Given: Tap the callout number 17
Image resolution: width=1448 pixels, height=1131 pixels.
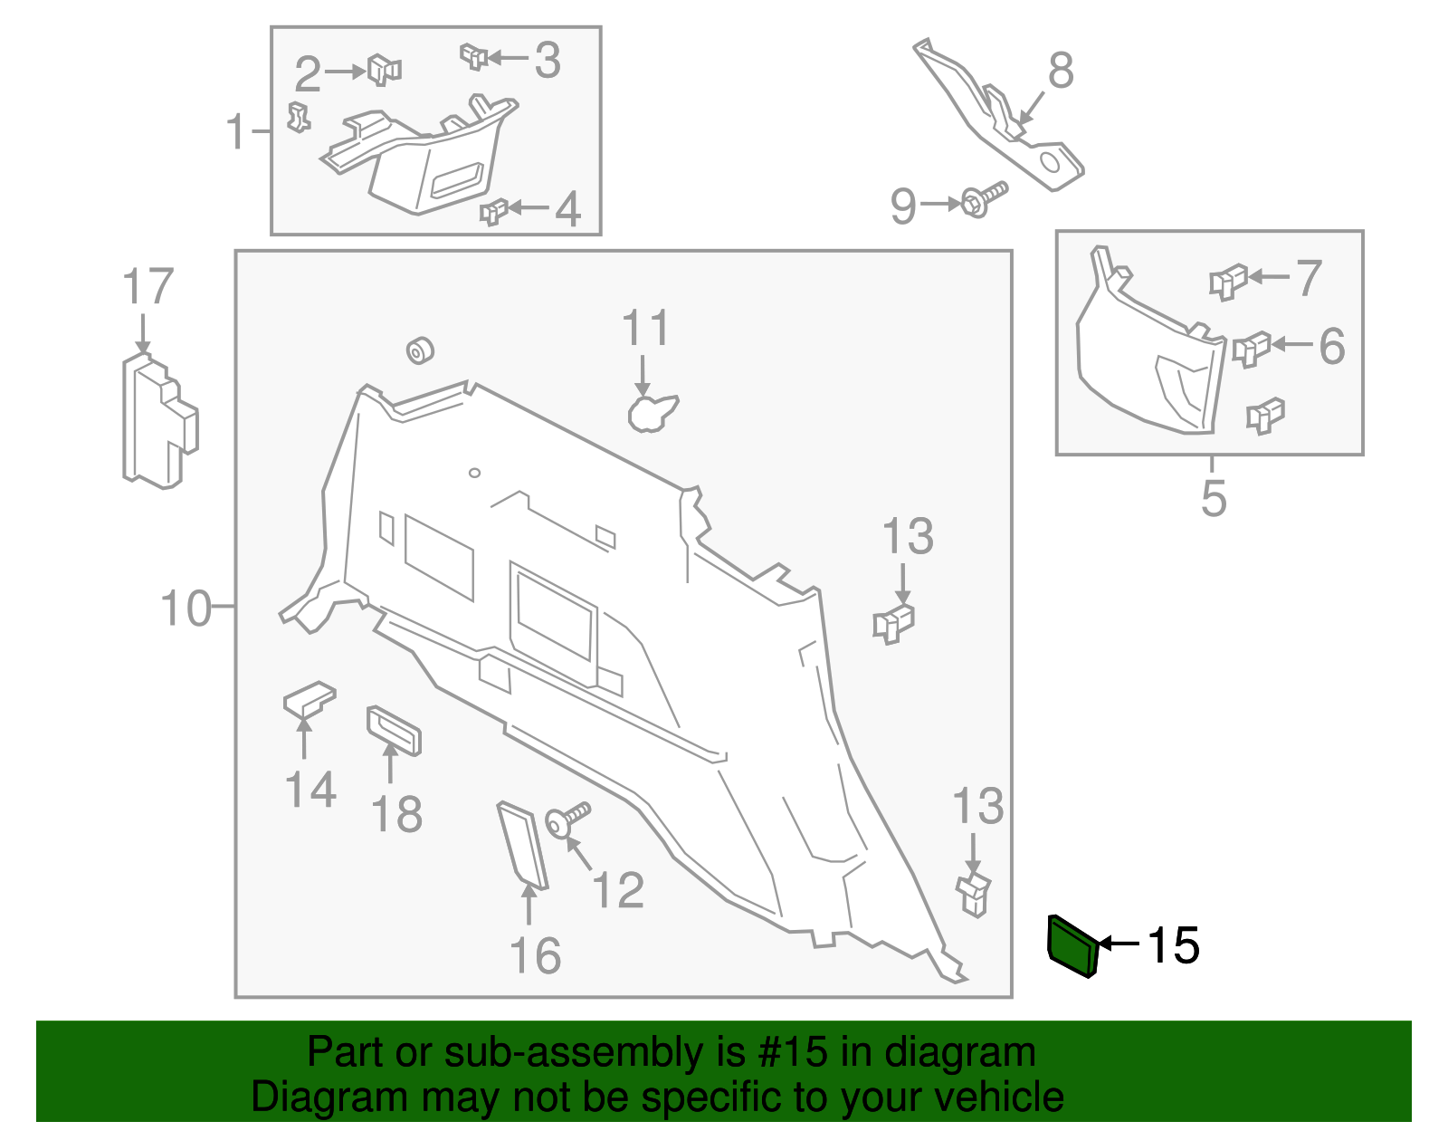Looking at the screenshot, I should pos(148,287).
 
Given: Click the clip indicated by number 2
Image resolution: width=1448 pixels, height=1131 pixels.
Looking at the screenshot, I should pos(384,70).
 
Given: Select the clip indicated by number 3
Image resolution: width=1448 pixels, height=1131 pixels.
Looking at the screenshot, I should pos(473,57).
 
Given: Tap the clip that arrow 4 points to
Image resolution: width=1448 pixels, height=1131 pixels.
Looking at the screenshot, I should pos(493,212).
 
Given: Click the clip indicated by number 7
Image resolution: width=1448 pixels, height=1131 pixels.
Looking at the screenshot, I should pos(1228,281).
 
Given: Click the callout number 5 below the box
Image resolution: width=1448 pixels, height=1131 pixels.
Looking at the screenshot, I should pos(1214,498).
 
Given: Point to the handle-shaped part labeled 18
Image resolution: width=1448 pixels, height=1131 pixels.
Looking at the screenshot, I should pos(394,731).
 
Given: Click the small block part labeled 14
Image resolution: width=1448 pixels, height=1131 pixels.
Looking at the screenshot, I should pos(309,701).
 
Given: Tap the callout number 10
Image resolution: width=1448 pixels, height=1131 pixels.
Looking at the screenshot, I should pos(185,609).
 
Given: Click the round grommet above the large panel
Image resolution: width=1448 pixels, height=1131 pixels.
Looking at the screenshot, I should pos(420,350).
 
